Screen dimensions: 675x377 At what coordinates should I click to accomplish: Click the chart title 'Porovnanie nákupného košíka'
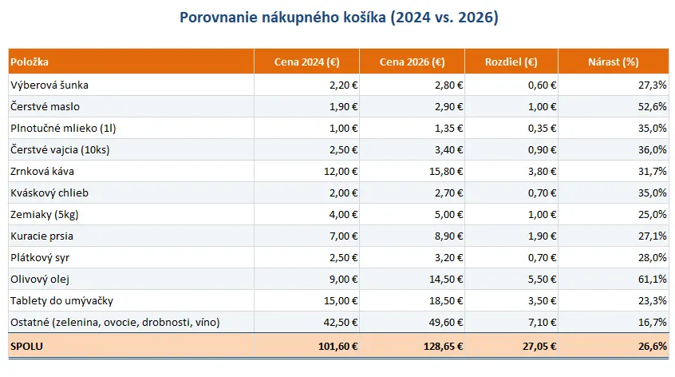pyautogui.click(x=282, y=18)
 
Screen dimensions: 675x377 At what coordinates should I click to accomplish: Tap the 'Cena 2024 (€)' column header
pyautogui.click(x=307, y=62)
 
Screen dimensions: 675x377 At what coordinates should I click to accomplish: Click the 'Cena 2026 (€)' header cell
pyautogui.click(x=412, y=62)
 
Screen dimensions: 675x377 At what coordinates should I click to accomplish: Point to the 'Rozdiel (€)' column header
pyautogui.click(x=511, y=62)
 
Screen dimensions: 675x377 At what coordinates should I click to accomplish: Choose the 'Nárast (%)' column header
pyautogui.click(x=614, y=62)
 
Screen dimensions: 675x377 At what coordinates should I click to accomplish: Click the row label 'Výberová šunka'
pyautogui.click(x=49, y=85)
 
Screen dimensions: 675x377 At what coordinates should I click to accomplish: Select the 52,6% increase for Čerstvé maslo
pyautogui.click(x=652, y=106)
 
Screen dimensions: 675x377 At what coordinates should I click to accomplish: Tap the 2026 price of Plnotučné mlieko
pyautogui.click(x=448, y=128)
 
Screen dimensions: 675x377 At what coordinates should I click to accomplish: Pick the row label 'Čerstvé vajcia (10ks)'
pyautogui.click(x=60, y=149)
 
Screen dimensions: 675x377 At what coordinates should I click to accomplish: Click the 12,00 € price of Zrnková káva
pyautogui.click(x=341, y=171)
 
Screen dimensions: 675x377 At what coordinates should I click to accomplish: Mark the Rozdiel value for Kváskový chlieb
pyautogui.click(x=542, y=192)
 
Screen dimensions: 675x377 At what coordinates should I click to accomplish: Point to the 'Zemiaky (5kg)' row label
pyautogui.click(x=45, y=214)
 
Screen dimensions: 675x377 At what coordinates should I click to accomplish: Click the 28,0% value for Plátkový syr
pyautogui.click(x=652, y=257)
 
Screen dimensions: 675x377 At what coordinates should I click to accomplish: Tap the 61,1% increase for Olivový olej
pyautogui.click(x=652, y=279)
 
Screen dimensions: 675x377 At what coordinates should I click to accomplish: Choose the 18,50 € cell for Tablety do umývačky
pyautogui.click(x=446, y=300)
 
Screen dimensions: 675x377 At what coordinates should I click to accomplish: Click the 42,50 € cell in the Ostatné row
pyautogui.click(x=341, y=322)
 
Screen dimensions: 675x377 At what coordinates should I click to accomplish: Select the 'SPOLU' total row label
pyautogui.click(x=26, y=346)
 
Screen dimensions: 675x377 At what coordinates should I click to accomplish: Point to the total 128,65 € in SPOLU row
pyautogui.click(x=444, y=346)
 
